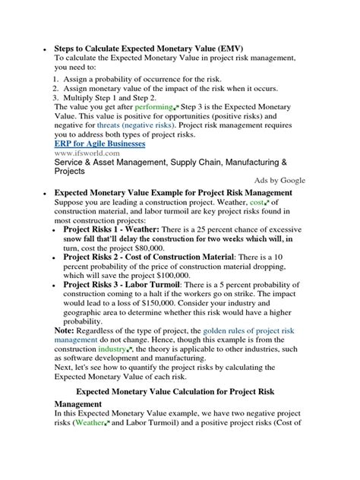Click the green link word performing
pyautogui.click(x=158, y=109)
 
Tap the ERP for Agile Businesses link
pyautogui.click(x=99, y=142)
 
